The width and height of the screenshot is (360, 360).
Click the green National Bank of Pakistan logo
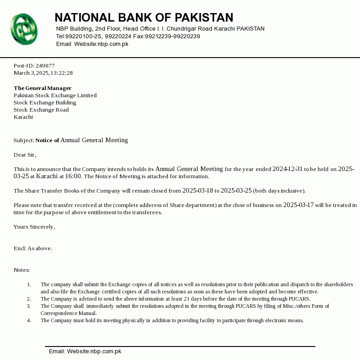click(x=24, y=29)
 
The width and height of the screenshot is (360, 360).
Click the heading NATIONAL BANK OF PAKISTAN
click(x=144, y=18)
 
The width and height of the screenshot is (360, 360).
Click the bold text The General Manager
click(x=42, y=88)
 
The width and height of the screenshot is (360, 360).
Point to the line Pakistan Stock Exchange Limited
click(x=55, y=95)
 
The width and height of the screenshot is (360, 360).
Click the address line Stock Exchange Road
click(x=41, y=110)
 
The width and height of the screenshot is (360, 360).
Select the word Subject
click(x=23, y=140)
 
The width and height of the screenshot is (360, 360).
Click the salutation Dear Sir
click(x=24, y=155)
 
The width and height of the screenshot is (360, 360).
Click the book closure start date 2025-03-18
click(x=198, y=191)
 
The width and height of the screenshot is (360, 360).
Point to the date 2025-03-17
click(x=298, y=205)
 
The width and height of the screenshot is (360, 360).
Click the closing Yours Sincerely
click(x=34, y=227)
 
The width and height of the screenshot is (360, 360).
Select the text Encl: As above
click(x=33, y=248)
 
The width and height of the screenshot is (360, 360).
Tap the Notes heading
click(x=22, y=270)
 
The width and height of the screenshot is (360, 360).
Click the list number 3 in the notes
click(x=29, y=306)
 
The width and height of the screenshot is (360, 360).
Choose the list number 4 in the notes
click(x=29, y=320)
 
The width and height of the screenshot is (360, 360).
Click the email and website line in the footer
click(x=85, y=351)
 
